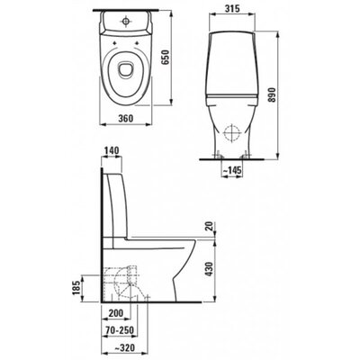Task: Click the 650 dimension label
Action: coord(166,58)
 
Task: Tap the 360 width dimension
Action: coord(124,119)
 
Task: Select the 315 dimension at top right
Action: coord(232,9)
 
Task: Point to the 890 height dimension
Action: coord(271,94)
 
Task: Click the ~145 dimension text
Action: coord(231,170)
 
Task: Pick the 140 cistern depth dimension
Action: coord(112,150)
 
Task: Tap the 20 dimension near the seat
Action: coord(211,226)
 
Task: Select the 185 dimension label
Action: coord(76,287)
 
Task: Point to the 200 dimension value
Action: coord(115,313)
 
